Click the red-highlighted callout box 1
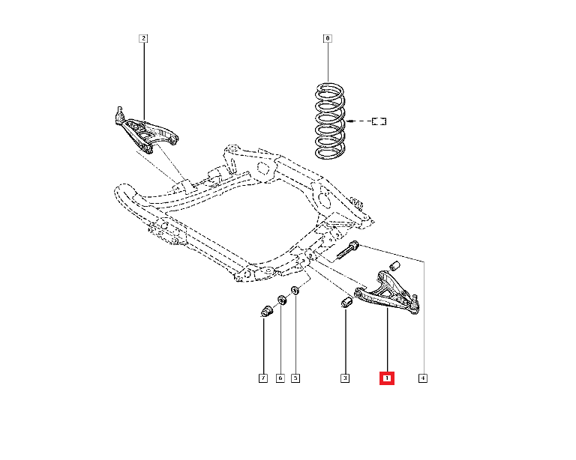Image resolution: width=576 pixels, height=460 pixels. [387, 378]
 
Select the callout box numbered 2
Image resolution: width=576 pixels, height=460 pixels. [142, 37]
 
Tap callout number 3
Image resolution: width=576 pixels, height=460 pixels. [345, 378]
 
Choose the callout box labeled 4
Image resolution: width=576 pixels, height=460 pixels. [423, 378]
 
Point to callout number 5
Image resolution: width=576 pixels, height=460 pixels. [295, 378]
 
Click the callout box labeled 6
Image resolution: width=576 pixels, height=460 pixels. [280, 378]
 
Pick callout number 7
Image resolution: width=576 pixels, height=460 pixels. [263, 378]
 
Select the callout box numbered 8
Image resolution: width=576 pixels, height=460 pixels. [327, 37]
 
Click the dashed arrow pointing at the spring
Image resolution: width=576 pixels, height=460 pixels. [359, 121]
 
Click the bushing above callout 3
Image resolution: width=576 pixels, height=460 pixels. [346, 303]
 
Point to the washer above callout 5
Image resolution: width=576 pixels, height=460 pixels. [295, 289]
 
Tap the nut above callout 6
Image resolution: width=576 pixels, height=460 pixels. [283, 300]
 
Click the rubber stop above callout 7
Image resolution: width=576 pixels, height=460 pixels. [265, 309]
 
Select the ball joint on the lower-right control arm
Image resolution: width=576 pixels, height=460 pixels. [413, 303]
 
